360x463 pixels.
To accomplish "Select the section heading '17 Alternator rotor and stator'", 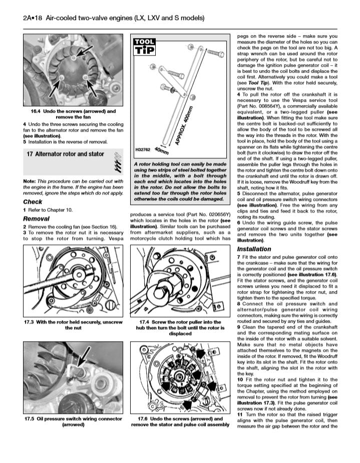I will coord(65,154).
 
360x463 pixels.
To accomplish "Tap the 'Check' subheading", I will coord(33,202).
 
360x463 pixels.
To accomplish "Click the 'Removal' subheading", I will coord(37,218).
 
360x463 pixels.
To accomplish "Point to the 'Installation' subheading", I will coord(254,249).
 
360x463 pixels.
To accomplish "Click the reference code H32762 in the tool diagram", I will coord(144,149).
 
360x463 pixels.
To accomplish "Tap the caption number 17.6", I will coord(146,418).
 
